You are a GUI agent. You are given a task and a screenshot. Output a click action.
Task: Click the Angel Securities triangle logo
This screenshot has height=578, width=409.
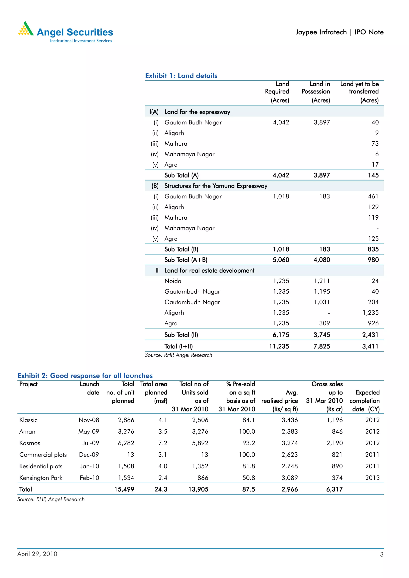[26, 29]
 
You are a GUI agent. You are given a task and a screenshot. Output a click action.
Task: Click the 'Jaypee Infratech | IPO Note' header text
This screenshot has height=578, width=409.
[339, 32]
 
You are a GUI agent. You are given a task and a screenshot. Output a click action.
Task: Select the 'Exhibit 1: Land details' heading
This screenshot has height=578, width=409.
[181, 76]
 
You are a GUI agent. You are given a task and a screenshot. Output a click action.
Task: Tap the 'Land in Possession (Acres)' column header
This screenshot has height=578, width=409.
[316, 92]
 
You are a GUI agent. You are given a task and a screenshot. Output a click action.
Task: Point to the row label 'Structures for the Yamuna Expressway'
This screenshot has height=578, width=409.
[216, 186]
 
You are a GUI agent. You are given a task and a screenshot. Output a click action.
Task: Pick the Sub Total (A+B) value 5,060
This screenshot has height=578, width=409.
[281, 260]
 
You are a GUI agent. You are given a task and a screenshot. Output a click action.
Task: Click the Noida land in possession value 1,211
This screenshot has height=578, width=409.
[322, 281]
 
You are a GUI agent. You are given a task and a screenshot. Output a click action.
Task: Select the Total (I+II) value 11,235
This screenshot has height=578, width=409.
[279, 346]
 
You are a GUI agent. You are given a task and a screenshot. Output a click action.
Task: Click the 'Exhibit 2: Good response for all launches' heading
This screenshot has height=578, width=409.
[85, 376]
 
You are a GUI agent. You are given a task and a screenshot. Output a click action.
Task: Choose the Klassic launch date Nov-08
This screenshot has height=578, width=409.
[89, 420]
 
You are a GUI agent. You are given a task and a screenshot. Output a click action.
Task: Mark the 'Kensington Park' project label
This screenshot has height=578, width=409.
[41, 478]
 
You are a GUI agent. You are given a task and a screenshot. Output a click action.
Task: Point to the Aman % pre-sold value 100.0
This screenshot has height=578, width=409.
[247, 431]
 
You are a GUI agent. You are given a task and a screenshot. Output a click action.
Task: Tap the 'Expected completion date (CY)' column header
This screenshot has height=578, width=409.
[364, 400]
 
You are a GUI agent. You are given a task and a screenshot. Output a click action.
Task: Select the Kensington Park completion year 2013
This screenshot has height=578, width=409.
[372, 478]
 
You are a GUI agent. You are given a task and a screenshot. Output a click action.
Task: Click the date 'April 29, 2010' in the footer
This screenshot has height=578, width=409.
[37, 554]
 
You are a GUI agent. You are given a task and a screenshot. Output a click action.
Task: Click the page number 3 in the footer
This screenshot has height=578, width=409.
[381, 554]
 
